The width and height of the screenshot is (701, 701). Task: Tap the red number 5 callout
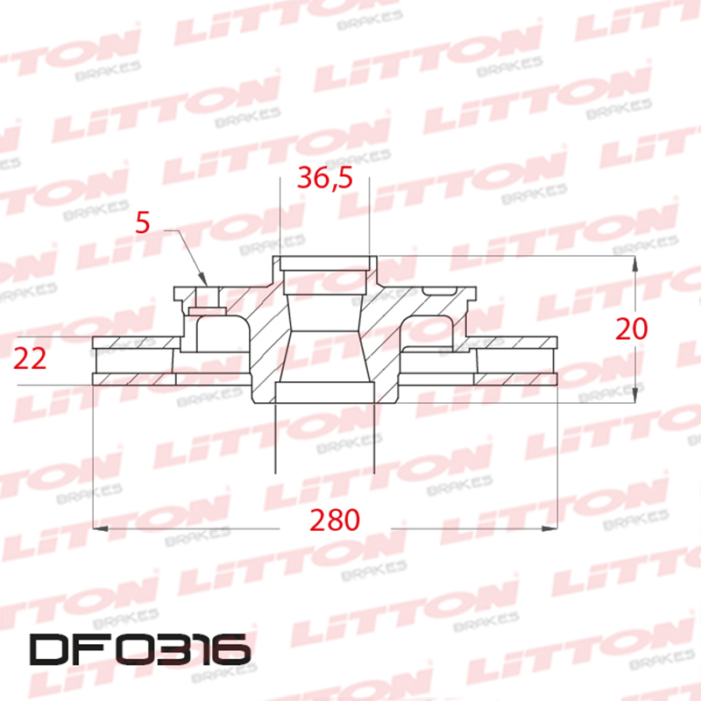[144, 222]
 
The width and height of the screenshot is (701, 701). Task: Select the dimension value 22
[32, 358]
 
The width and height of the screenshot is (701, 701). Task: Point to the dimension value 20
[631, 329]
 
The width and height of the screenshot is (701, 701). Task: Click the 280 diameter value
[334, 520]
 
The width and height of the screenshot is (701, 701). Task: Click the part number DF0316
[139, 649]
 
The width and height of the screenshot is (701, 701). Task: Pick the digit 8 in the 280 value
[334, 520]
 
